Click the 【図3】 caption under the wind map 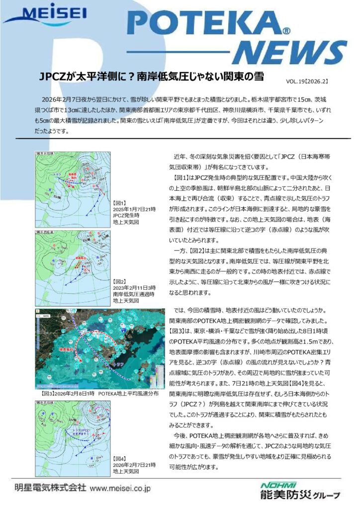click(97, 393)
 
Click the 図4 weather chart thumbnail click(73, 435)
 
